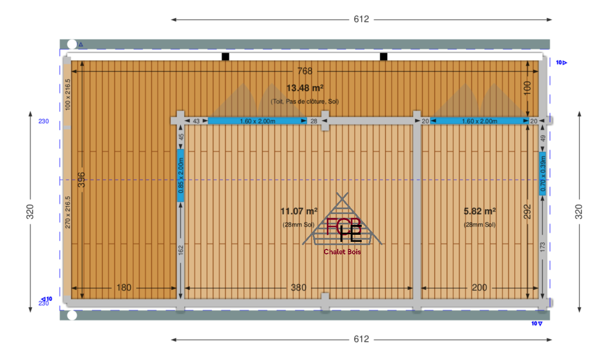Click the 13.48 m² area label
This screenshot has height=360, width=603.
[304, 88]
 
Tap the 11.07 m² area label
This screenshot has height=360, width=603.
[299, 211]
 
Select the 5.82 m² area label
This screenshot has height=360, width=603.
[479, 211]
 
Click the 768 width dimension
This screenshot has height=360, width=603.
[304, 71]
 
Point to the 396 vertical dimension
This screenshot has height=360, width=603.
[81, 180]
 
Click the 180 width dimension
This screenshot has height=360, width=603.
[124, 288]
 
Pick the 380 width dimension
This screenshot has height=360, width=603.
[299, 288]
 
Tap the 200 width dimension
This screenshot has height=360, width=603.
[479, 288]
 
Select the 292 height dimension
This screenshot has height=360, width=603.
[527, 211]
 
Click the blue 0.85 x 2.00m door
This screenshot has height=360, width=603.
[180, 175]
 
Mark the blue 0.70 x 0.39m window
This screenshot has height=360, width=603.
[542, 173]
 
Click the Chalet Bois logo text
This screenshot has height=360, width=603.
[342, 252]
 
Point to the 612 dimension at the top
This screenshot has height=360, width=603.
[361, 19]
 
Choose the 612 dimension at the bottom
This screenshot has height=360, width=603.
[361, 339]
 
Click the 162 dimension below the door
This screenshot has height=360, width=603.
[181, 250]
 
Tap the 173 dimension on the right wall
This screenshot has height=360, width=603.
[542, 247]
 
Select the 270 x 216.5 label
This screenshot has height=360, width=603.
[68, 212]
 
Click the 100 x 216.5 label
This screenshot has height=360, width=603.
[68, 95]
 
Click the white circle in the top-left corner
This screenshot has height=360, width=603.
[72, 44]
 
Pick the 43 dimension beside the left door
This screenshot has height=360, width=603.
[196, 121]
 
